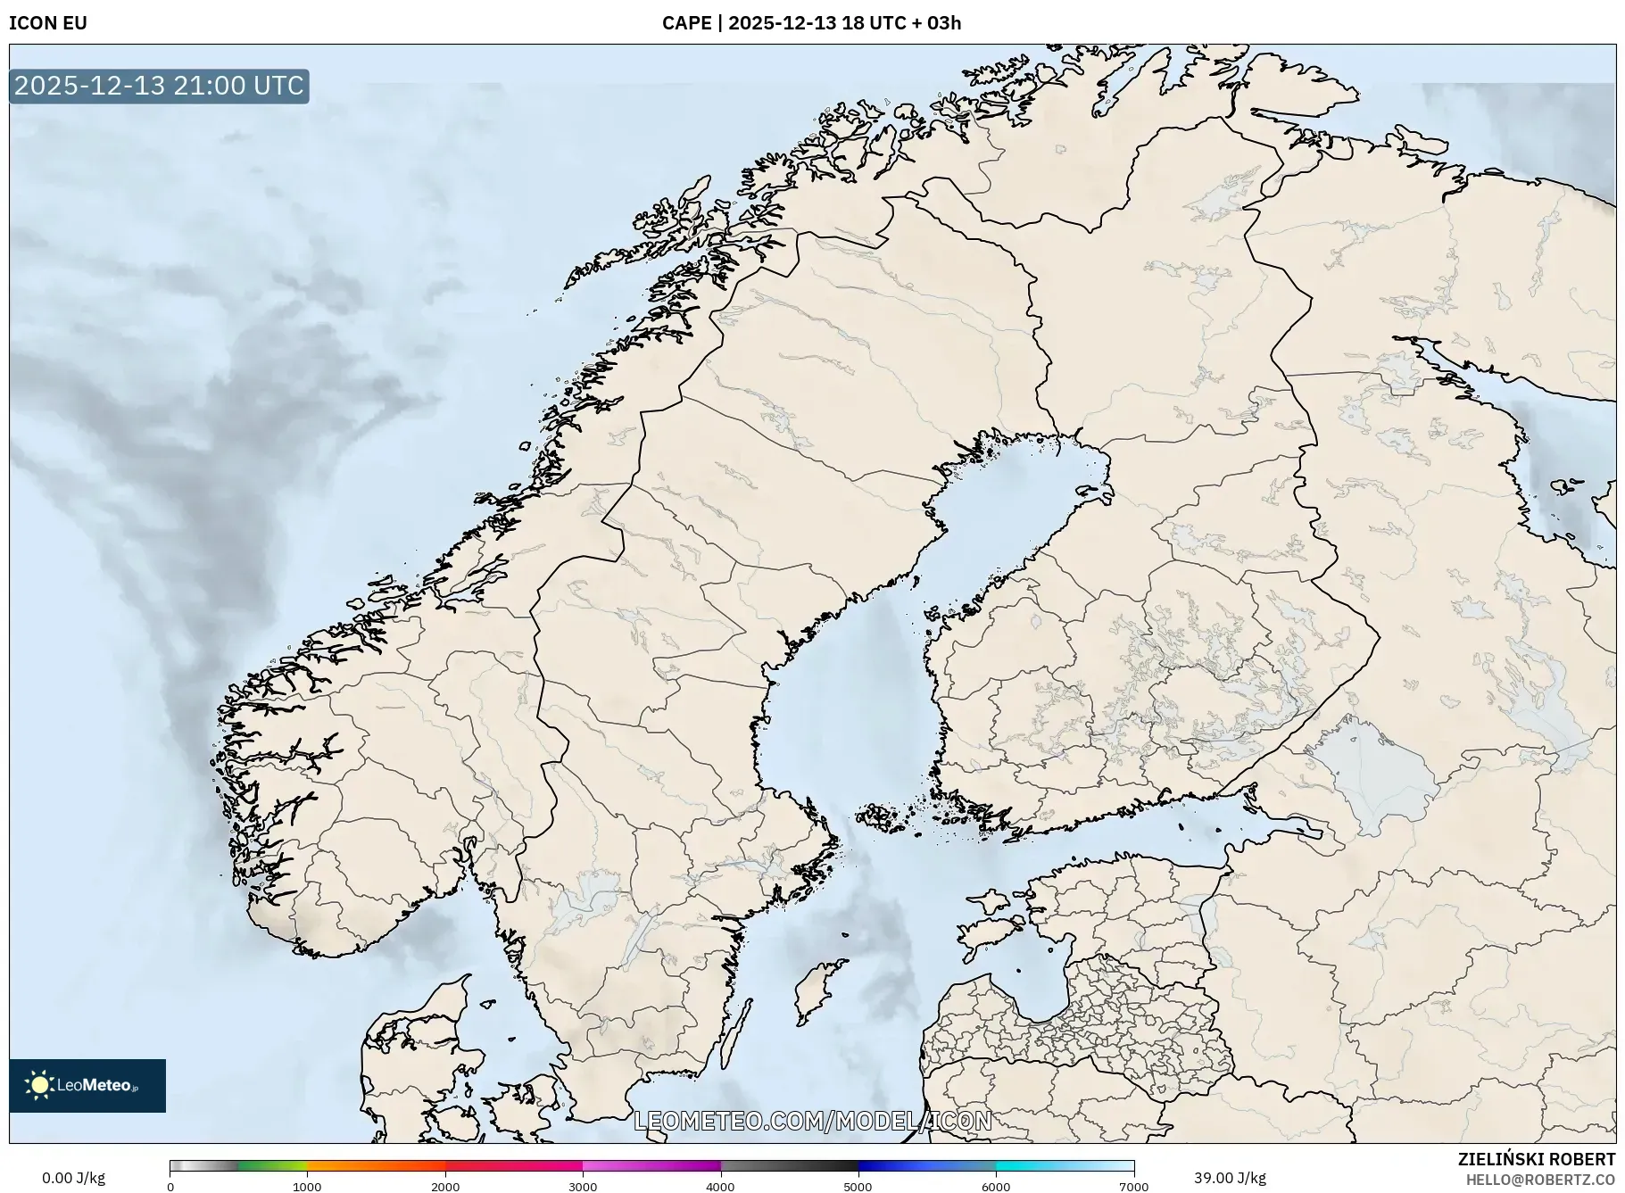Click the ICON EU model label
point(48,23)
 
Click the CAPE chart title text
point(811,23)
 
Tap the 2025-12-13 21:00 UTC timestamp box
point(159,86)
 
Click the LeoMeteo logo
point(87,1085)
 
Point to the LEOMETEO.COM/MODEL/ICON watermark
point(812,1121)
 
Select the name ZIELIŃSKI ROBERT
point(1536,1159)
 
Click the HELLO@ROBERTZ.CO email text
point(1539,1180)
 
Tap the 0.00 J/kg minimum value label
point(73,1178)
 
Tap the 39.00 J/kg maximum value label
point(1230,1178)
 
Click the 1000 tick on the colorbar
point(307,1187)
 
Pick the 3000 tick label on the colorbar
point(583,1187)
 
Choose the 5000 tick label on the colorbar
point(858,1187)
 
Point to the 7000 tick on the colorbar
point(1133,1187)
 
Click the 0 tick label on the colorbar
point(170,1187)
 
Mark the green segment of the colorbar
point(272,1165)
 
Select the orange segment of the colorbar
point(375,1165)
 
